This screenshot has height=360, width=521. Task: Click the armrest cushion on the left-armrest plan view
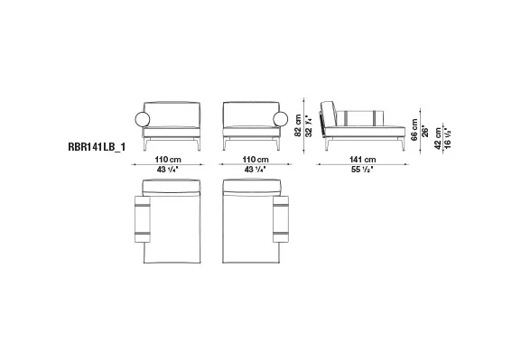tap(143, 221)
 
